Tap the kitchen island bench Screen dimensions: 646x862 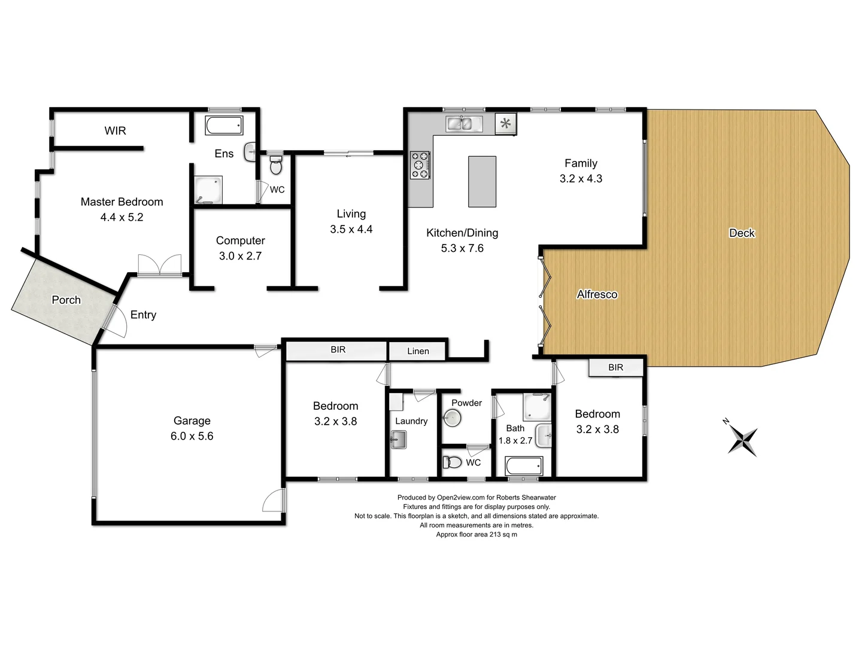point(482,181)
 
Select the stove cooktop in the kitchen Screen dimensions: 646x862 point(420,165)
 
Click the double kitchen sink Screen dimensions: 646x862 point(464,124)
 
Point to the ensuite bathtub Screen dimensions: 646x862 point(224,126)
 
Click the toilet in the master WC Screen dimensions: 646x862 point(275,165)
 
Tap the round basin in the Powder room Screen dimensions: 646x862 point(452,418)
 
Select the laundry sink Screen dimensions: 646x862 point(398,440)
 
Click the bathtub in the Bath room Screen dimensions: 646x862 point(524,465)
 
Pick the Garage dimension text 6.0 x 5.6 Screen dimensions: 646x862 point(192,436)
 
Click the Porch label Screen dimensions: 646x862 point(66,300)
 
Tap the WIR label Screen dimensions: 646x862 point(115,130)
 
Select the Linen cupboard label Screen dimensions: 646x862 point(418,351)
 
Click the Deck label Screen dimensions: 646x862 point(742,233)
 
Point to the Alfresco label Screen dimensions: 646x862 point(597,294)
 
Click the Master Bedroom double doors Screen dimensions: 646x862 point(159,266)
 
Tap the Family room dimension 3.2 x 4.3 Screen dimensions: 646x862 point(581,178)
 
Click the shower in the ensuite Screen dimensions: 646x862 point(208,190)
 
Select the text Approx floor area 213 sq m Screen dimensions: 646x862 point(476,535)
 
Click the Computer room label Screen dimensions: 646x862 point(240,240)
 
